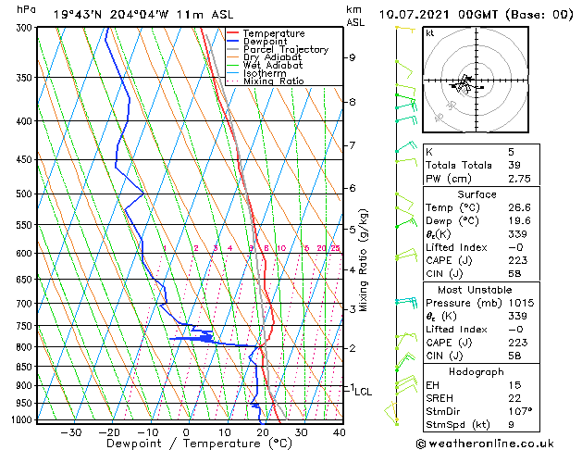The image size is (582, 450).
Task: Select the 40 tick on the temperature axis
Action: (x=340, y=431)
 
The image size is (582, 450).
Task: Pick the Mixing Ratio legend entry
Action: (x=273, y=81)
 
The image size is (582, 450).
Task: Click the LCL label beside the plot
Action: (x=363, y=392)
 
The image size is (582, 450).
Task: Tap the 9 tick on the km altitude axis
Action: (x=353, y=57)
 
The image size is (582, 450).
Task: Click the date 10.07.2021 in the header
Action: (x=412, y=14)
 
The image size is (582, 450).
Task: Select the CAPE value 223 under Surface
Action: (x=517, y=262)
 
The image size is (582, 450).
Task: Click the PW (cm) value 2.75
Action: (x=520, y=179)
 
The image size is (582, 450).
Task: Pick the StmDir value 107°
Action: (x=520, y=411)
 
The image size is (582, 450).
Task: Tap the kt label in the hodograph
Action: (x=430, y=32)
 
